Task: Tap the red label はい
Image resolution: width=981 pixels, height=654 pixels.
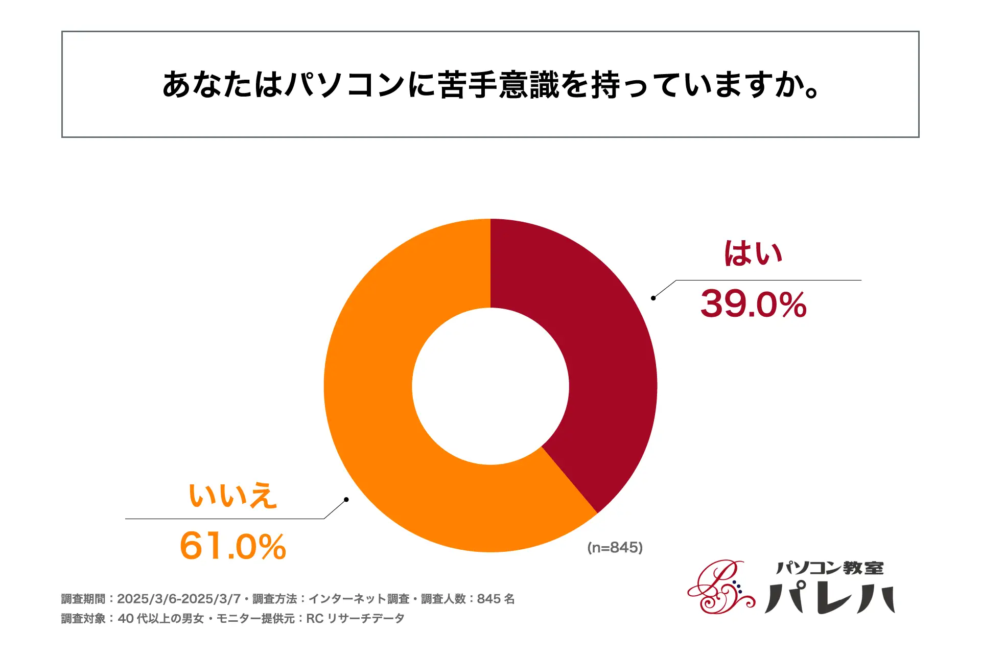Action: [x=753, y=253]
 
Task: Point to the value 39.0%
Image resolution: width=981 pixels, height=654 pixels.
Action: [x=753, y=305]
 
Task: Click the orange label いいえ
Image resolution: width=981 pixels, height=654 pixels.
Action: [x=233, y=495]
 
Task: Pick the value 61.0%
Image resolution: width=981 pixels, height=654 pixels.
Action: [x=233, y=546]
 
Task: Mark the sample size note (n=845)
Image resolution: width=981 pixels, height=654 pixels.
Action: [x=615, y=548]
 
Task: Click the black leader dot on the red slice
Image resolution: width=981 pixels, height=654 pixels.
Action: [x=653, y=298]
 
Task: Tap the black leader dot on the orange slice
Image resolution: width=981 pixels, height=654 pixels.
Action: [x=346, y=499]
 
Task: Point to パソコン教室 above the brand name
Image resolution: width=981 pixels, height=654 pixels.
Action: [x=830, y=568]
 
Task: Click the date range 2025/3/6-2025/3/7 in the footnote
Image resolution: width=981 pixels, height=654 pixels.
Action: [x=178, y=599]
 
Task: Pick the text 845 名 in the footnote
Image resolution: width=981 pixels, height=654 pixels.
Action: [x=496, y=599]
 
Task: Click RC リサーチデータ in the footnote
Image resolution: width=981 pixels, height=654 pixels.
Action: [x=355, y=619]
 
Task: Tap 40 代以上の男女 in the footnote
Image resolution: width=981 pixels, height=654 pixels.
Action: [x=161, y=619]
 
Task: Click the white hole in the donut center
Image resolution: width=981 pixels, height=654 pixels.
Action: [x=491, y=386]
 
